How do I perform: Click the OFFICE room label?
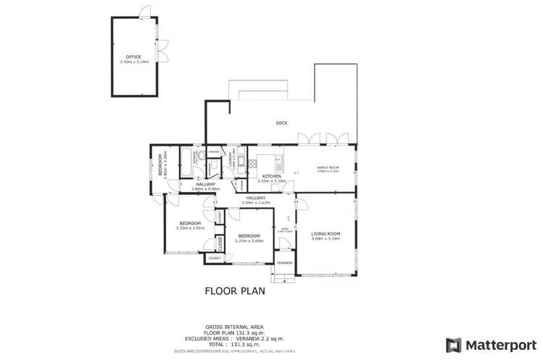(133, 56)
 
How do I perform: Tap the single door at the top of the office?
(145, 13)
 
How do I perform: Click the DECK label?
(281, 123)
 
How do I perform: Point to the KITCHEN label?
(272, 176)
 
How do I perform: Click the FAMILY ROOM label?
(328, 167)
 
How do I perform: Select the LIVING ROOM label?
(326, 233)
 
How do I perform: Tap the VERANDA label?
(285, 261)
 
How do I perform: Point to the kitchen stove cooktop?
(253, 164)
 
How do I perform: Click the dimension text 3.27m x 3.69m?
(249, 240)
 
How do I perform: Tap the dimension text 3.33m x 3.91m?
(190, 227)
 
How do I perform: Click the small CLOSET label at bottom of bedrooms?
(215, 257)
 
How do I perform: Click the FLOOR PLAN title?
(235, 291)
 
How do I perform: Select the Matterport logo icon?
(454, 345)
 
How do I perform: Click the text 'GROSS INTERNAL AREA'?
(234, 327)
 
